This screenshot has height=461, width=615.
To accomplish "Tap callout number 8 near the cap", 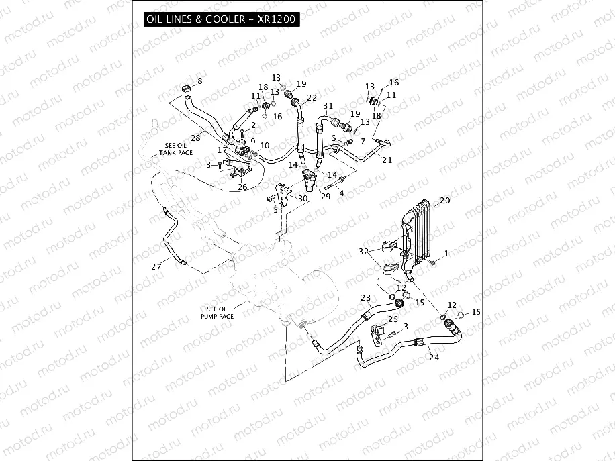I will [199, 82].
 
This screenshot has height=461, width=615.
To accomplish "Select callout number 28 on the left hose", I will [196, 138].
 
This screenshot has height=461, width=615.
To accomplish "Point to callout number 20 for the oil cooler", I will [444, 201].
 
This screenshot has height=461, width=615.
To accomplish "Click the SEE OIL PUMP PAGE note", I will [216, 312].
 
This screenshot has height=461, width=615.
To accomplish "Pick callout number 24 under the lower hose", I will [434, 357].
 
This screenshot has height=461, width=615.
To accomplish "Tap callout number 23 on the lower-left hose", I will [365, 298].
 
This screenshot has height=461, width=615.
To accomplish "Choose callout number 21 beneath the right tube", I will [387, 159].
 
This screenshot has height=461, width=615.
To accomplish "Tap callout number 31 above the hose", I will [328, 107].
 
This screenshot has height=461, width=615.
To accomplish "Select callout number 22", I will [312, 98].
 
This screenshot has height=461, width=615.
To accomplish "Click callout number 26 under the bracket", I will [242, 187].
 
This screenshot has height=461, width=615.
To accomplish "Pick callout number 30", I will [303, 198].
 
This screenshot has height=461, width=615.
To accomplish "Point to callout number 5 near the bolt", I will [275, 210].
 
